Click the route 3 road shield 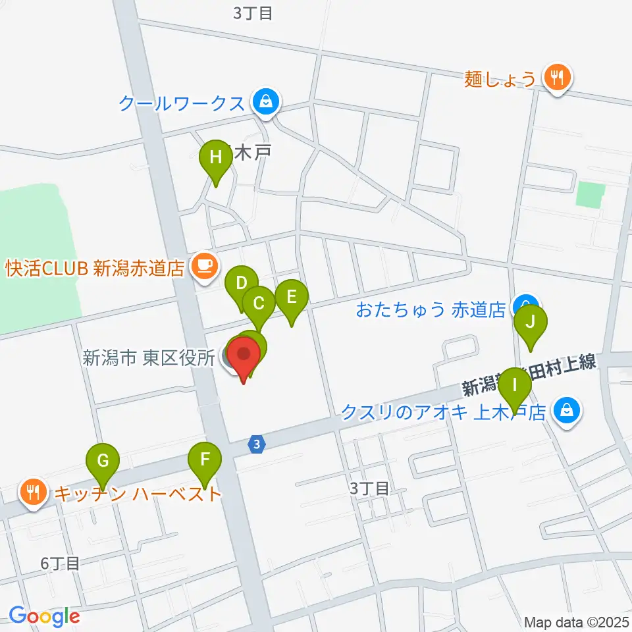[x=257, y=445]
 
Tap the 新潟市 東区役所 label [x=148, y=358]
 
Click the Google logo [x=44, y=617]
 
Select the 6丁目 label [x=60, y=564]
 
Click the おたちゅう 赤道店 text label [x=431, y=309]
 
